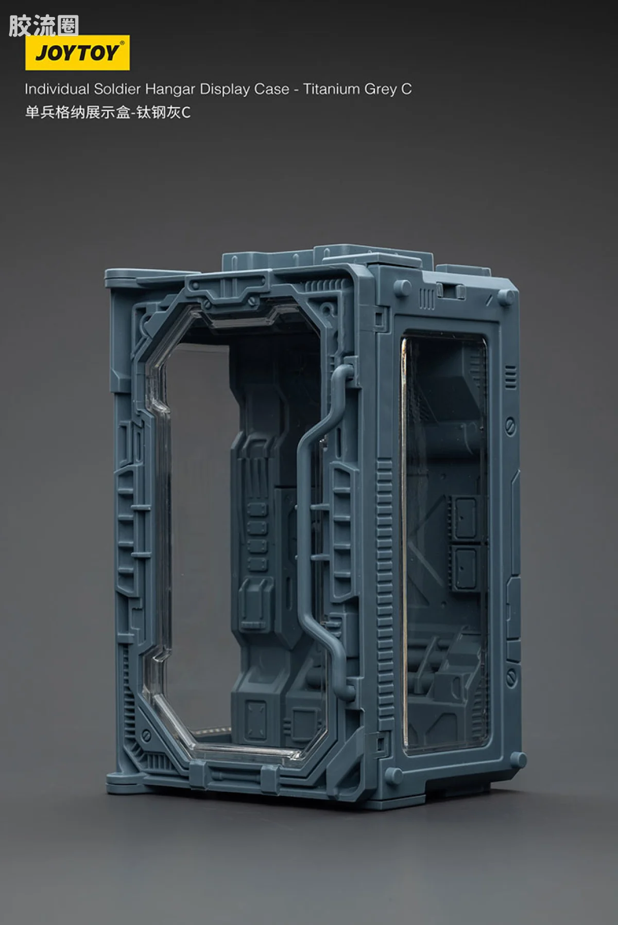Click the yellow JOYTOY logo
click(77, 52)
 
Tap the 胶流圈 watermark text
click(43, 26)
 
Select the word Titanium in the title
click(331, 89)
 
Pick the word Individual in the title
click(57, 89)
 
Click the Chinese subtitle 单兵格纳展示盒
click(78, 112)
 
